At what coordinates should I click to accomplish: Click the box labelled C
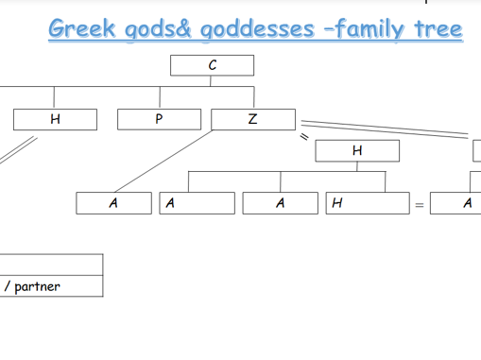tap(213, 65)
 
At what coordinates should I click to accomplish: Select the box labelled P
tap(159, 119)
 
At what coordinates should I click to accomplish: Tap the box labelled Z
tap(252, 119)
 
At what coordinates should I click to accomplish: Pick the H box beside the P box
tap(55, 119)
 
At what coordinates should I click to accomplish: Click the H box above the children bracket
tap(356, 150)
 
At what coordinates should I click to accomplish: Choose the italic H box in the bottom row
tap(368, 203)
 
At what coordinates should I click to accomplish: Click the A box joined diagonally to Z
tap(112, 203)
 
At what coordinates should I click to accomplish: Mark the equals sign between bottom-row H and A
tap(419, 204)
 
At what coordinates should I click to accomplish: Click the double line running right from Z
tap(387, 129)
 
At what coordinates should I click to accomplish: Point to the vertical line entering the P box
tap(159, 97)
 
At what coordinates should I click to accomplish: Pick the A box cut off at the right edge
tap(456, 203)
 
